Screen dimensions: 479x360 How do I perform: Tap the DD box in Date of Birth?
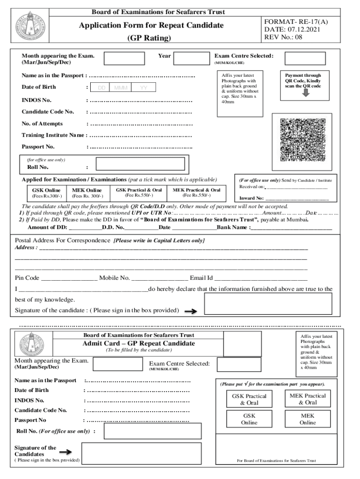coord(101,88)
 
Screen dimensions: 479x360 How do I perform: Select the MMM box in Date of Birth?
coord(121,88)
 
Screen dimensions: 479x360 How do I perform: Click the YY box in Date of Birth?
coord(144,88)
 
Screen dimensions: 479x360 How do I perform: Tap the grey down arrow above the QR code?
coord(306,93)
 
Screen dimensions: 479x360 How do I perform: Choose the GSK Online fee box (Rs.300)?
coord(46,193)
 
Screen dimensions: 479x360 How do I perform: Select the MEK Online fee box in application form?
coord(87,193)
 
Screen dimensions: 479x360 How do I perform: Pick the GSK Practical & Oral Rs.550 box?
coord(139,192)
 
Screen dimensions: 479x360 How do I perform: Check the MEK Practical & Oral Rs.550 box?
coord(196,192)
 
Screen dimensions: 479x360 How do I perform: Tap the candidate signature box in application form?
coord(268,304)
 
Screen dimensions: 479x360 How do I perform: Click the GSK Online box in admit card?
coord(249,419)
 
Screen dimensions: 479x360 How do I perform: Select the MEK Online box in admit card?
coord(308,419)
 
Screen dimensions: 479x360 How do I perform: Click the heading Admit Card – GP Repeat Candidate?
coord(139,343)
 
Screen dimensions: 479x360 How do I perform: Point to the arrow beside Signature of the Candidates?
coord(65,452)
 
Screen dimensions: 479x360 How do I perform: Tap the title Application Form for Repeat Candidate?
coord(144,25)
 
